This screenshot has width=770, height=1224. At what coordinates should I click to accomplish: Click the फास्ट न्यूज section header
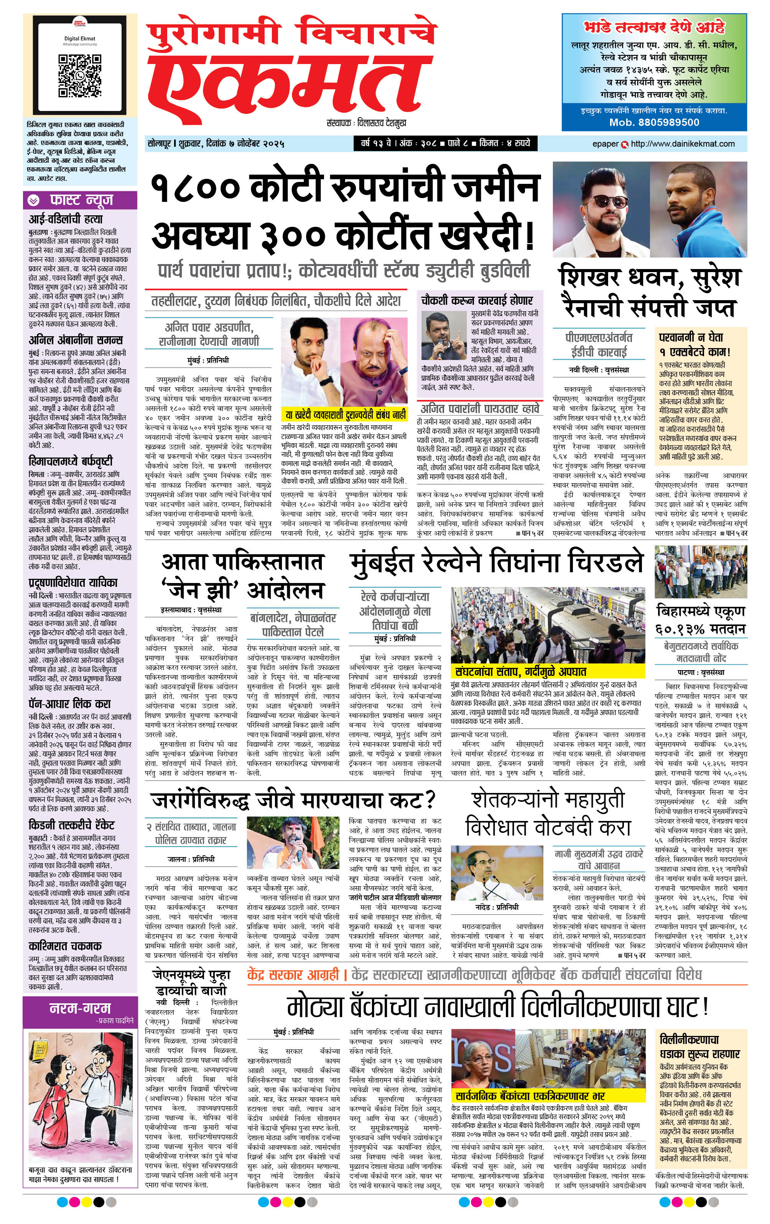(x=80, y=201)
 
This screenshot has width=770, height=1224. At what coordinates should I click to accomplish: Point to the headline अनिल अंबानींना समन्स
(x=76, y=340)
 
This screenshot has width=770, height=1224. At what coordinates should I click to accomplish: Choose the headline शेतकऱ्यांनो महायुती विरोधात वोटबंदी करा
(x=548, y=814)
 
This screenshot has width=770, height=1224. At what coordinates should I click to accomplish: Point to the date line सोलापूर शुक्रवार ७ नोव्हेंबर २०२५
(x=216, y=144)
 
